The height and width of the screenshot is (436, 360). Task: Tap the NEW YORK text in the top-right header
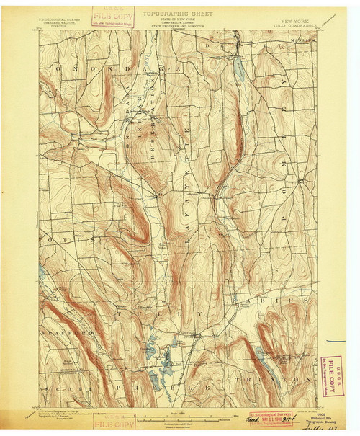point(300,22)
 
